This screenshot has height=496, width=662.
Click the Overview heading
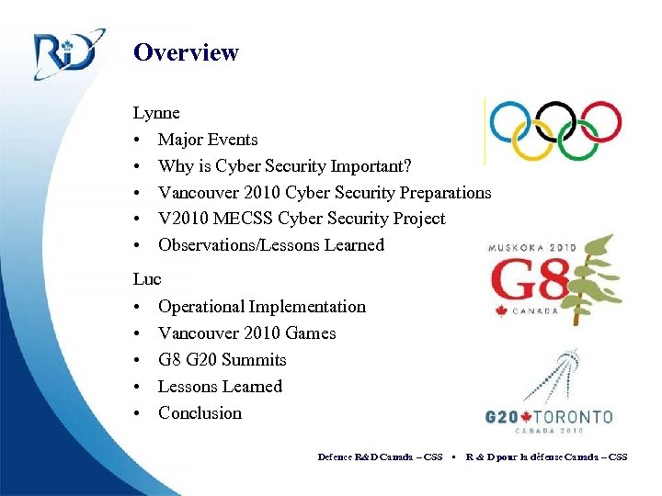coord(186,52)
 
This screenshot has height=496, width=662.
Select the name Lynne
coord(156,113)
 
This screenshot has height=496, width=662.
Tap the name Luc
coord(147,278)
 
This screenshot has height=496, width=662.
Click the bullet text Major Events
coord(208,140)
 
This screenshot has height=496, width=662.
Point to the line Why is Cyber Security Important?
coord(285,166)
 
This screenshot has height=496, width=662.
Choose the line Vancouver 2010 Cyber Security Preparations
coord(325,193)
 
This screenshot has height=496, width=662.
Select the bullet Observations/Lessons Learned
coord(271,245)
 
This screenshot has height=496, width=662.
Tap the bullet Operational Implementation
coord(262,307)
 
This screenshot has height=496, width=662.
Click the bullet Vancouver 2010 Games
coord(247,333)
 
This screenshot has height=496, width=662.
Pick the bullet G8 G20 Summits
coord(223,360)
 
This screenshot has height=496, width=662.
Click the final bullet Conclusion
coord(200,413)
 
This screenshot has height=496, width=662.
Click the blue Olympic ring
coord(510,120)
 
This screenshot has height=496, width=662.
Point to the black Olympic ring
coord(555,120)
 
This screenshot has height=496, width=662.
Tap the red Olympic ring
coord(600,120)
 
